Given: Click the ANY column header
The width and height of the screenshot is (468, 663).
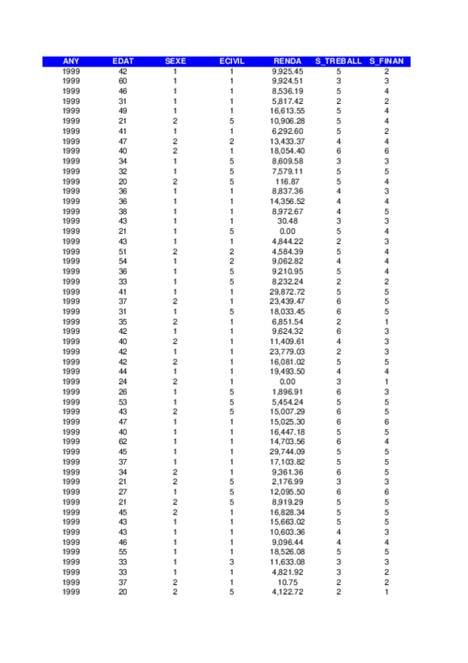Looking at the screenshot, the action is tap(70, 61).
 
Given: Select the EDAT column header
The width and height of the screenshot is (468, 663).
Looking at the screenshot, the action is tap(123, 61).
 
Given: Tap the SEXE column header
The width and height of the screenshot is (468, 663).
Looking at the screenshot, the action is tap(176, 61).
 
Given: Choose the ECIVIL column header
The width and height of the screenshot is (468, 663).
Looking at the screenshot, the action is tap(232, 61).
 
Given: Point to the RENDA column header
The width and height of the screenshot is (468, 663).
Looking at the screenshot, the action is tap(288, 61).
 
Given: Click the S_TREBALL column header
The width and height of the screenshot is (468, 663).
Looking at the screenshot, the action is tap(338, 61).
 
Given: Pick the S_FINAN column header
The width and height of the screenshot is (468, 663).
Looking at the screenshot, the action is tap(387, 61).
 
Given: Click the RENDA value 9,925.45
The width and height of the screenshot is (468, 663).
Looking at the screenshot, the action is tap(288, 71).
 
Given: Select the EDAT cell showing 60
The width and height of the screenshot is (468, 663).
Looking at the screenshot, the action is tap(123, 81).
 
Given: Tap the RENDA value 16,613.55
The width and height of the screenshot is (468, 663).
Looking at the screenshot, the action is tap(288, 111).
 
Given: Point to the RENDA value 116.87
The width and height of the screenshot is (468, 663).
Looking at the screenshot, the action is tap(288, 181).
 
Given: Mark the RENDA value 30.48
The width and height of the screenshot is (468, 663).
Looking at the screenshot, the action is tap(288, 221).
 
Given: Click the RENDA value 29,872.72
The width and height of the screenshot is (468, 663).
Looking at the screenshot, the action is tap(288, 291).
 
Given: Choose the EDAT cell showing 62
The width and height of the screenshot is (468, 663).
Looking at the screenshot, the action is tap(123, 441).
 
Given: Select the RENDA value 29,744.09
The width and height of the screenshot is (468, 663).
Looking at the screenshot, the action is tap(288, 451).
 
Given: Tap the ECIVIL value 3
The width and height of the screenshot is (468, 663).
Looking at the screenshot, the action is tap(232, 561).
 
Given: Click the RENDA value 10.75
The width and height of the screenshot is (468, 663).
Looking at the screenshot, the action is tap(288, 582).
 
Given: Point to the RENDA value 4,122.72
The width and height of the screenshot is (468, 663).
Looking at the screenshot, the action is tap(288, 592).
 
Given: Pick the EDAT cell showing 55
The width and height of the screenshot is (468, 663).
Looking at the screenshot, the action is tap(123, 551).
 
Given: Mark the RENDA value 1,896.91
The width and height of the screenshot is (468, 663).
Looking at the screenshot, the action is tap(288, 391).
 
